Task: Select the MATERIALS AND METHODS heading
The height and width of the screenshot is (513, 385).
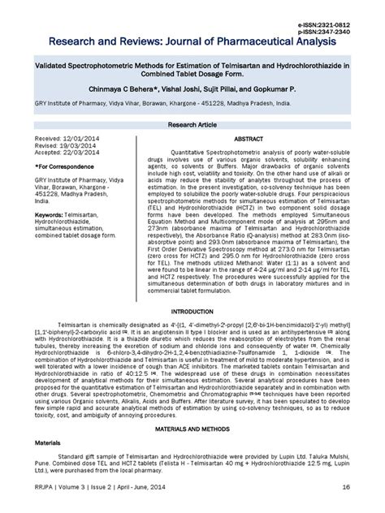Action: click(x=192, y=428)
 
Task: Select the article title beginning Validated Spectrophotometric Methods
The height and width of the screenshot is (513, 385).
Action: click(x=192, y=64)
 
